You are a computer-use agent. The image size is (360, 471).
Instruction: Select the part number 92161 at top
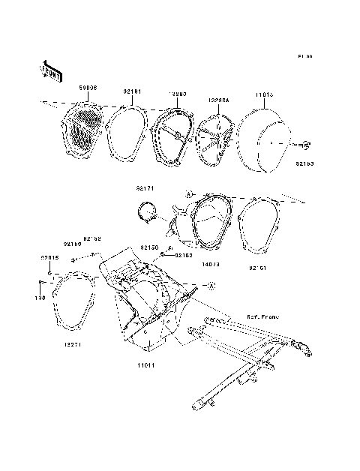pos(133,93)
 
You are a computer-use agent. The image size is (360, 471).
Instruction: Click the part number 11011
pos(146,365)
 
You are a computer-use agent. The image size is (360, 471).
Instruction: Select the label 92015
pos(49,257)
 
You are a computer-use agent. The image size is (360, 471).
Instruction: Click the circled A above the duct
pos(190,193)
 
